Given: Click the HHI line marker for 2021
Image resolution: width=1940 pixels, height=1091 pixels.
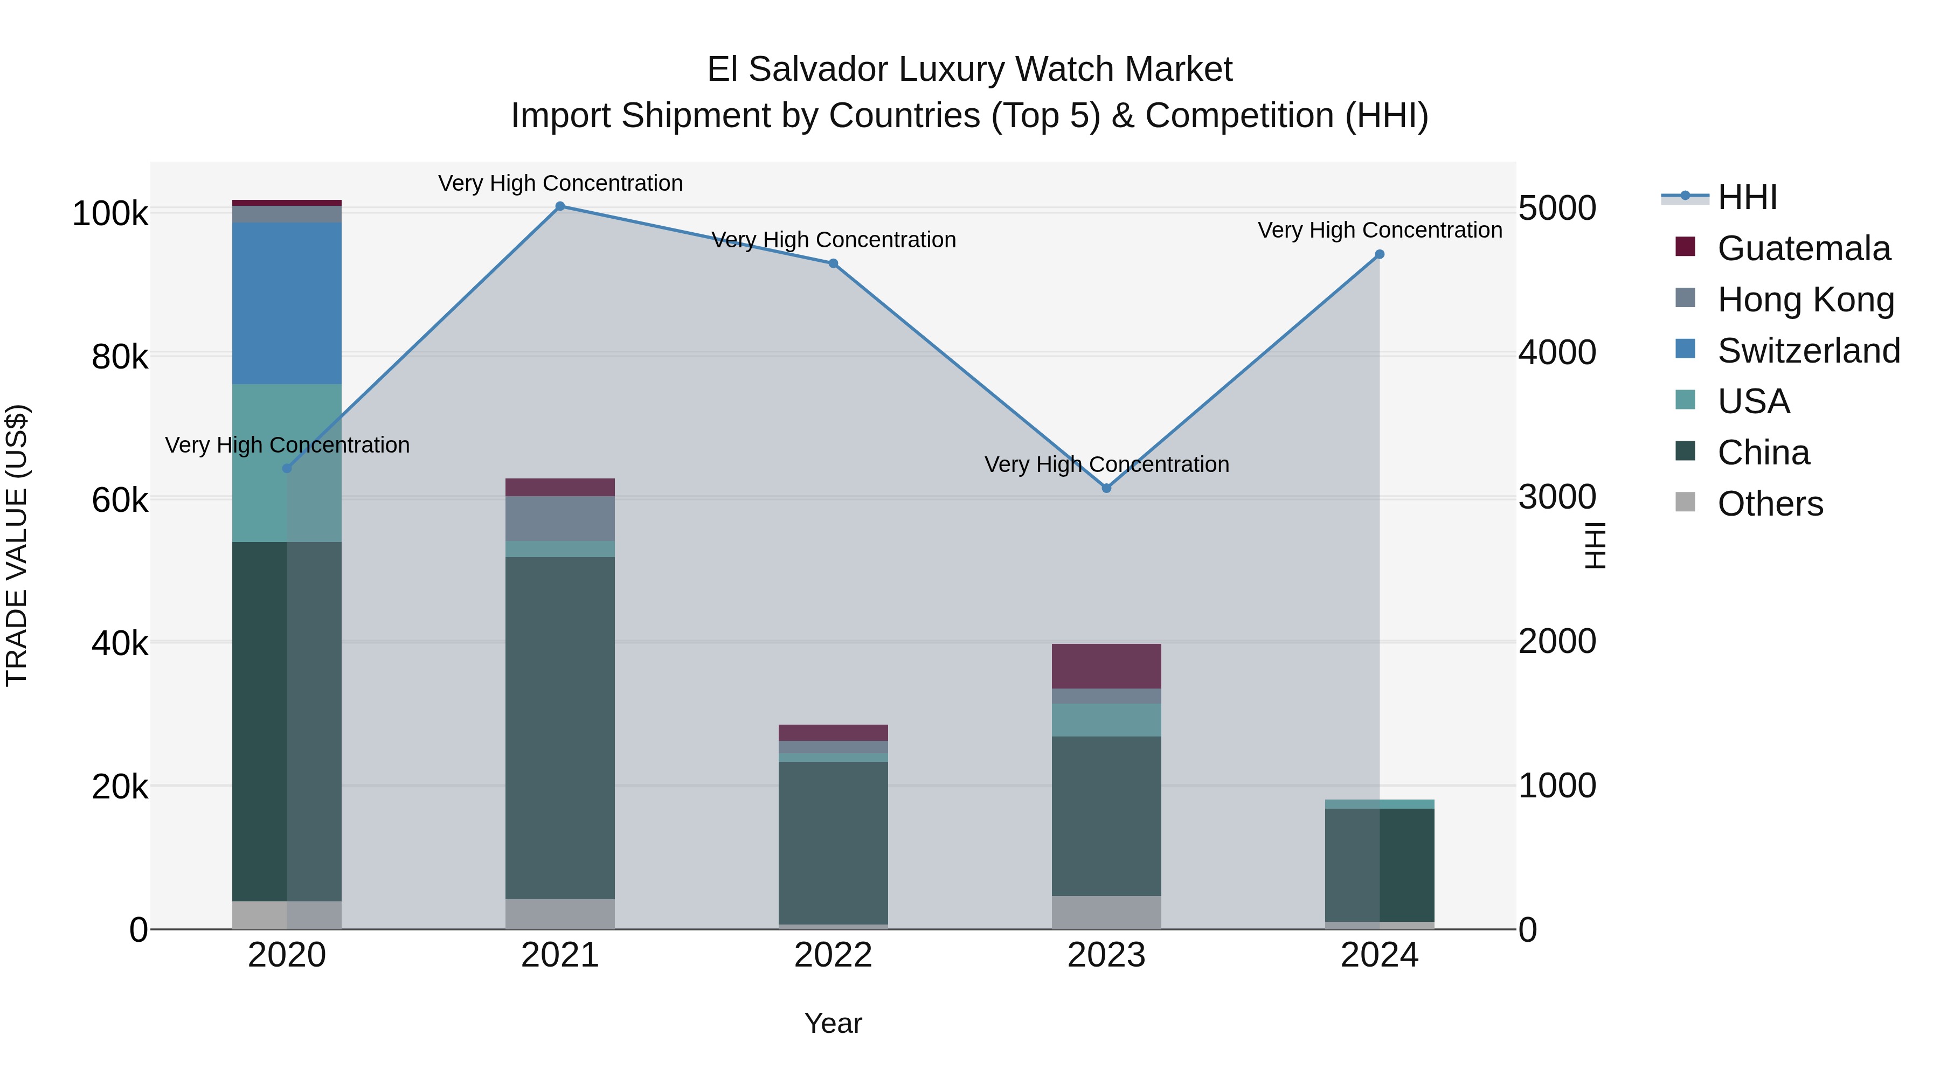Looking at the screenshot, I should pyautogui.click(x=559, y=206).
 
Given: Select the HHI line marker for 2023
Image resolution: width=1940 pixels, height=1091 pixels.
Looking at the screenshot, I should pyautogui.click(x=1106, y=488).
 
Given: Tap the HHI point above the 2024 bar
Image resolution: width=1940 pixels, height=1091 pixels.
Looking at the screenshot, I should pyautogui.click(x=1379, y=254).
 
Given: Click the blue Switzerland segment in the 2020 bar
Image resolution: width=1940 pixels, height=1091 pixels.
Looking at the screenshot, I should pyautogui.click(x=287, y=303).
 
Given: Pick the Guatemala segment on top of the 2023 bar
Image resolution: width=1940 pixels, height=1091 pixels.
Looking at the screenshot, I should pyautogui.click(x=1106, y=665).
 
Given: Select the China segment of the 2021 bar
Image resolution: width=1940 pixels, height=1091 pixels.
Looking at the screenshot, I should pyautogui.click(x=559, y=727).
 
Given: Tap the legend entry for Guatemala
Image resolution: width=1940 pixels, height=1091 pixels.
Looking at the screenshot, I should pyautogui.click(x=1803, y=248).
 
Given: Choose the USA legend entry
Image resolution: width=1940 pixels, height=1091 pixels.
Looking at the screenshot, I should pyautogui.click(x=1753, y=401).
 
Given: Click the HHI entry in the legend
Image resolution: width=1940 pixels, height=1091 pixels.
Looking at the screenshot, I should pyautogui.click(x=1747, y=197).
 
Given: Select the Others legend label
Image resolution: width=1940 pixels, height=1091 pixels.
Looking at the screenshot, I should pyautogui.click(x=1770, y=504).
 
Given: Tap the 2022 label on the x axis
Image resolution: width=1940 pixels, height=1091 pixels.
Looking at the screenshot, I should pyautogui.click(x=833, y=955).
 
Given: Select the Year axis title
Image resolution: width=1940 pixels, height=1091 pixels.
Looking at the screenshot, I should pyautogui.click(x=833, y=1023).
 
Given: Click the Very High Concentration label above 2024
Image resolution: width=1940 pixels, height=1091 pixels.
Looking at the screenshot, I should pyautogui.click(x=1380, y=230).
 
